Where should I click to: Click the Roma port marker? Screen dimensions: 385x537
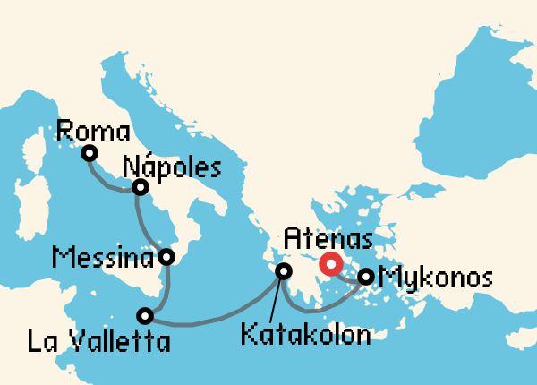point(89,153)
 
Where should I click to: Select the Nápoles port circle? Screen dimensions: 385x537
point(140,187)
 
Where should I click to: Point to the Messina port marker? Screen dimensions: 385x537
point(166,258)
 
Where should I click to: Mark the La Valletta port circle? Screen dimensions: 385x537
point(145,315)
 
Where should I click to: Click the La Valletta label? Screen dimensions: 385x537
point(98,341)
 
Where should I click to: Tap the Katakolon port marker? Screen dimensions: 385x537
point(283,270)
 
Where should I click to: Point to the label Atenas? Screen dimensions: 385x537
point(327,239)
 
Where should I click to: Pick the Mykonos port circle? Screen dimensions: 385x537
point(366,278)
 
